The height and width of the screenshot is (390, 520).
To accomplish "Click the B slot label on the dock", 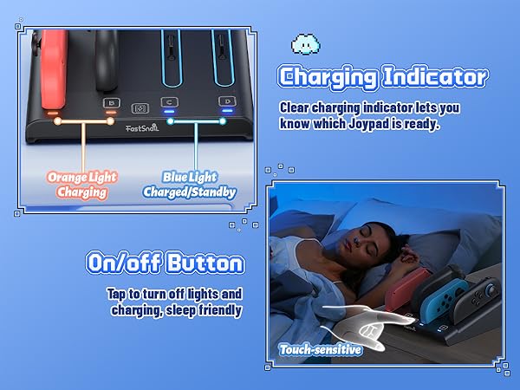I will [x=110, y=102].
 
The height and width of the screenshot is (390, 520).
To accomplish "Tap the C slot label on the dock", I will [x=168, y=102].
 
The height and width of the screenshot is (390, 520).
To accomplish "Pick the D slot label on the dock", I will [x=227, y=102].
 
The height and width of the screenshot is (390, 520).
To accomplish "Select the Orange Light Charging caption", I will [x=83, y=184].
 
